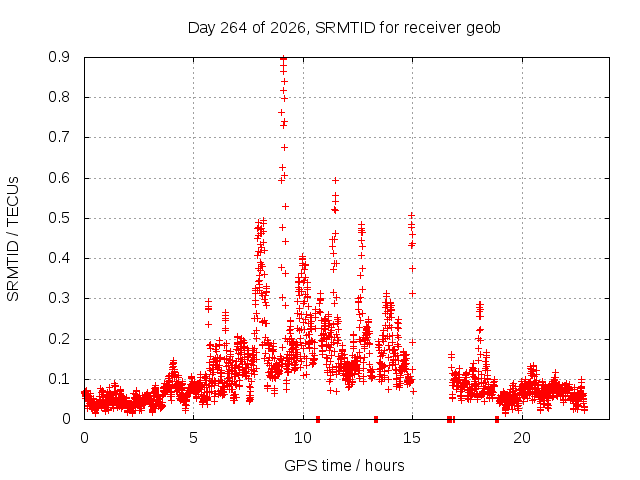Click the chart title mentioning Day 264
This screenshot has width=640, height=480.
tap(344, 28)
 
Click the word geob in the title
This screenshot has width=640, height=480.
tap(483, 28)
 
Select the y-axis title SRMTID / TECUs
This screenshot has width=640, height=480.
tap(13, 239)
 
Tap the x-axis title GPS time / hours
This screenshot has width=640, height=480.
tap(344, 465)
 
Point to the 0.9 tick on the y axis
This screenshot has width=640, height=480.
tap(59, 57)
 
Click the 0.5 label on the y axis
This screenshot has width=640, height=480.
tap(59, 218)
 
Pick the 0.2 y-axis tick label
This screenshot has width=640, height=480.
tap(59, 339)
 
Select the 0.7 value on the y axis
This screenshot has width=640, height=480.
tap(59, 137)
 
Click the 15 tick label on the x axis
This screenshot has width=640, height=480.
tap(412, 438)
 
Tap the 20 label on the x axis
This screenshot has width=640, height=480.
tap(522, 438)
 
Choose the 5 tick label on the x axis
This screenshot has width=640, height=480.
tap(193, 438)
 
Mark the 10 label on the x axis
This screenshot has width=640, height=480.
tap(303, 438)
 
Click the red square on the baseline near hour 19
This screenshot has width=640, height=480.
tap(497, 419)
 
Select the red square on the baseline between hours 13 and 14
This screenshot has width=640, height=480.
tap(376, 419)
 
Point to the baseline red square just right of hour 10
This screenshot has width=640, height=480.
tap(318, 419)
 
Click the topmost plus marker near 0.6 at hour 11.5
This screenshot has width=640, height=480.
tap(336, 180)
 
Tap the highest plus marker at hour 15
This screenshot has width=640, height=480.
tap(411, 215)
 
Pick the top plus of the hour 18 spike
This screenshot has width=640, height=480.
tap(480, 304)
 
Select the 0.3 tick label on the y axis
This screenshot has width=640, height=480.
tap(59, 298)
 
